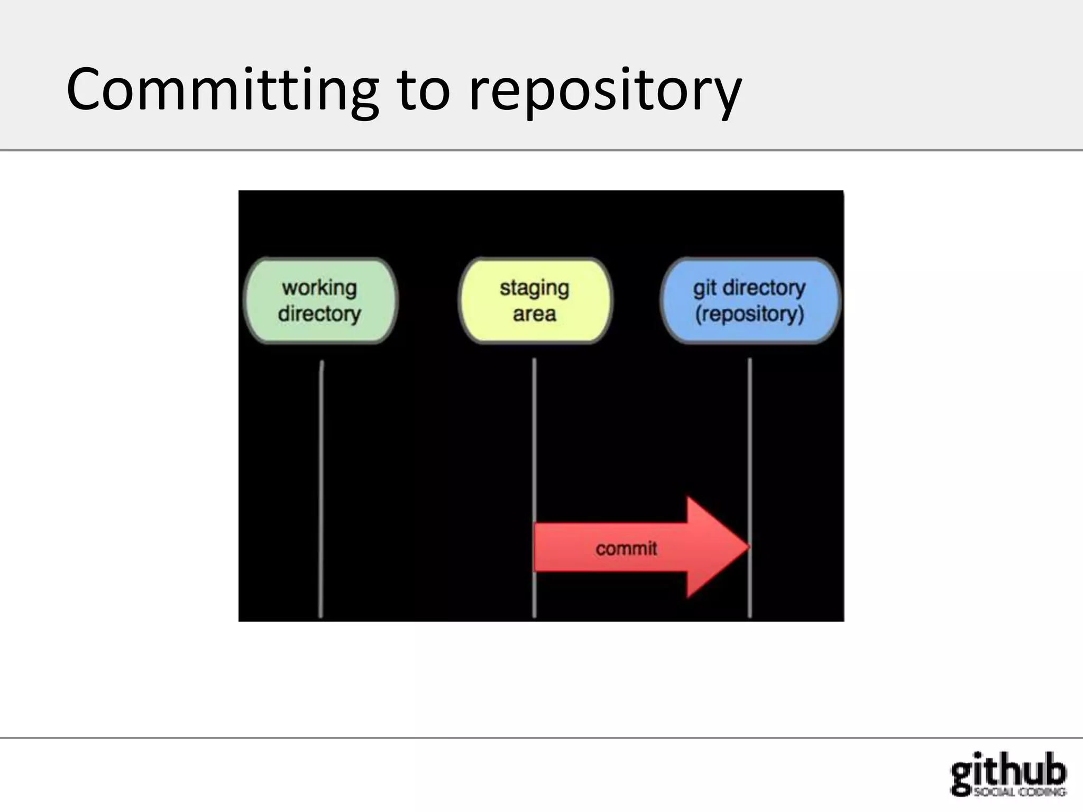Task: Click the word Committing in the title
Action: pyautogui.click(x=222, y=90)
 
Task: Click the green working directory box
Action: pyautogui.click(x=320, y=300)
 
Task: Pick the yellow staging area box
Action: pyautogui.click(x=535, y=300)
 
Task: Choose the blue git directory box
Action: pyautogui.click(x=750, y=300)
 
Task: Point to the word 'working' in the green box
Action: pyautogui.click(x=319, y=288)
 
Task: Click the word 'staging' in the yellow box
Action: pyautogui.click(x=535, y=288)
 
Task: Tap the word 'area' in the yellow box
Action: pyautogui.click(x=535, y=314)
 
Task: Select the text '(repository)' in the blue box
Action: pyautogui.click(x=749, y=314)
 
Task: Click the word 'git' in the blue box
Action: pyautogui.click(x=705, y=288)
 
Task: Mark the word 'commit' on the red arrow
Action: pyautogui.click(x=626, y=549)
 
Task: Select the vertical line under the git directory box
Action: pyautogui.click(x=750, y=449)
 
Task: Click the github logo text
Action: pyautogui.click(x=1008, y=770)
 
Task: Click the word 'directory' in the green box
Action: pyautogui.click(x=319, y=314)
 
